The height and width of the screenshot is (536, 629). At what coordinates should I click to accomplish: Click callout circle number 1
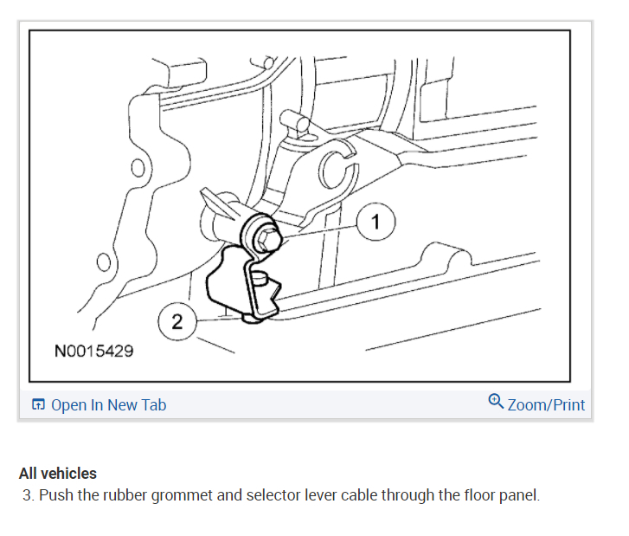375,223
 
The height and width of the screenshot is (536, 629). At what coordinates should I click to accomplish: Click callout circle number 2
177,323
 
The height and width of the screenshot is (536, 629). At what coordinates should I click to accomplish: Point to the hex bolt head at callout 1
262,235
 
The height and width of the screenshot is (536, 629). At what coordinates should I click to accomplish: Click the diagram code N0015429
93,352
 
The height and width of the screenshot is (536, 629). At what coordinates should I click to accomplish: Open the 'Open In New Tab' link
108,404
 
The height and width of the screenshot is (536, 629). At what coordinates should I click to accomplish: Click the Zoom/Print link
546,404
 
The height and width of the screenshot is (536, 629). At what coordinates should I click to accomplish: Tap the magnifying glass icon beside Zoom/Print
496,401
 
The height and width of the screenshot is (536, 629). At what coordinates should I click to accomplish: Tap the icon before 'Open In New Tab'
38,405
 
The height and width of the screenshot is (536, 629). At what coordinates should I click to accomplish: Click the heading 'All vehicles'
57,474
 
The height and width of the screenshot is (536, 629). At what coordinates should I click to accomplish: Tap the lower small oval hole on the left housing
104,262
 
